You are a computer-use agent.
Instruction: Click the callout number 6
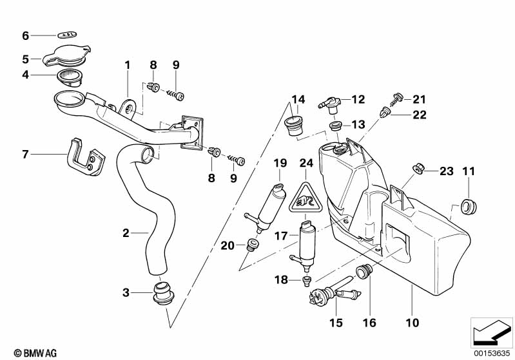(26, 35)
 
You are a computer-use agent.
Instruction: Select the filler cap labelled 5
(67, 57)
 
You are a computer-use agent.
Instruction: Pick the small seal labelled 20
(253, 244)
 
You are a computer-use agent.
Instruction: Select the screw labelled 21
(395, 98)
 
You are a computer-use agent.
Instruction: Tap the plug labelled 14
(295, 126)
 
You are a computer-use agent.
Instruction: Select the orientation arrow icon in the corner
(492, 332)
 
